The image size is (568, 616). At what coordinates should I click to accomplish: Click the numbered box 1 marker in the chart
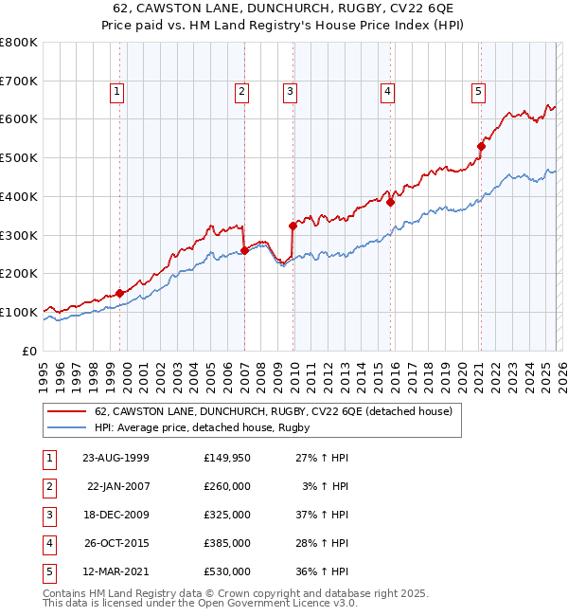[x=115, y=92]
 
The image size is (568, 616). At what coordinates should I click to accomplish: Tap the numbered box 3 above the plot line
[x=289, y=92]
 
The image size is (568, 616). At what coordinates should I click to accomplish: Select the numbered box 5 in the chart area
[x=478, y=92]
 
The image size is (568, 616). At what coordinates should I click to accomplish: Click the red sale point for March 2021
[x=481, y=146]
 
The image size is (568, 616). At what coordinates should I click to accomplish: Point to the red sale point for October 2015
[x=390, y=202]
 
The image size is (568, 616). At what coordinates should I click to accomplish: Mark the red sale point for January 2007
[x=244, y=250]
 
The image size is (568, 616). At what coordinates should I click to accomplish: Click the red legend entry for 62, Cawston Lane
[x=274, y=411]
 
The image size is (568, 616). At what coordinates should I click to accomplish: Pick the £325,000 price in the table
[x=226, y=515]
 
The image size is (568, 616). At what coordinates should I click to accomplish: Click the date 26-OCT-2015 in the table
[x=115, y=543]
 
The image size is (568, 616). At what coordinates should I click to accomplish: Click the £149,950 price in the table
[x=226, y=458]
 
